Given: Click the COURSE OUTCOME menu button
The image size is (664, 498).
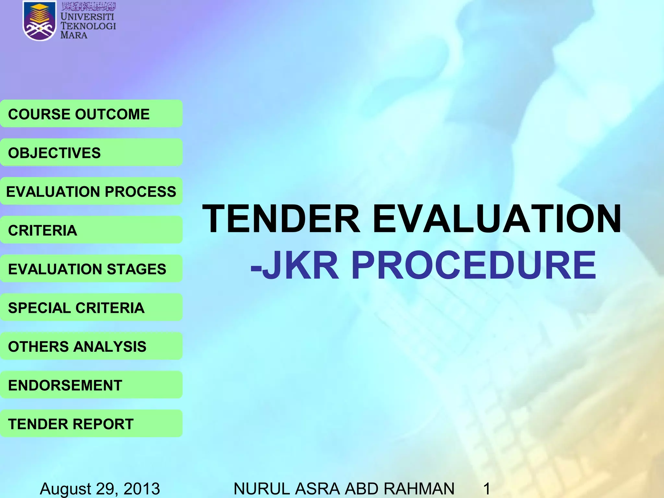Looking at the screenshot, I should (91, 114).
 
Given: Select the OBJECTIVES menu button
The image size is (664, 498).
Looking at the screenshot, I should (91, 153).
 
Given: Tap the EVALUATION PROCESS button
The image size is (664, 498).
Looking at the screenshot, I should (91, 191).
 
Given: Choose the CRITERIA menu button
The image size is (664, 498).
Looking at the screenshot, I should (91, 230).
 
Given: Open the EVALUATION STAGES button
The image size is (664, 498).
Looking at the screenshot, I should (91, 269).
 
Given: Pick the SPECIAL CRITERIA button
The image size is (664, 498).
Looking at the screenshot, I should (91, 307).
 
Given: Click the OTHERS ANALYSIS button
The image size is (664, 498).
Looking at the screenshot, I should (91, 346).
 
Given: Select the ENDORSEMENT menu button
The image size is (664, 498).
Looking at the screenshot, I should (91, 385).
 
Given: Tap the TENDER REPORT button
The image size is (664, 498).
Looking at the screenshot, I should (91, 424).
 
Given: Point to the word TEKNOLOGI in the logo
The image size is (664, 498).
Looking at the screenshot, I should (88, 26).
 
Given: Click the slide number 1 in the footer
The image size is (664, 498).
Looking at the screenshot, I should (487, 488).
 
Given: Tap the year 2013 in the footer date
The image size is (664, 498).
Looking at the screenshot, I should (142, 488).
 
